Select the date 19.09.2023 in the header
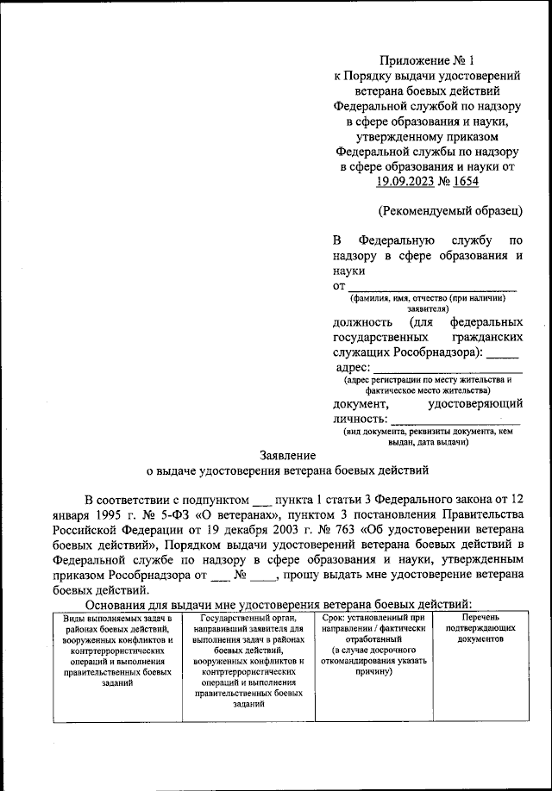click(406, 182)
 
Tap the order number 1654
click(463, 182)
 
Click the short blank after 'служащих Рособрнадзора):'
click(503, 352)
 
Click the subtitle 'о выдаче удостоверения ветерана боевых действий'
click(286, 470)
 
